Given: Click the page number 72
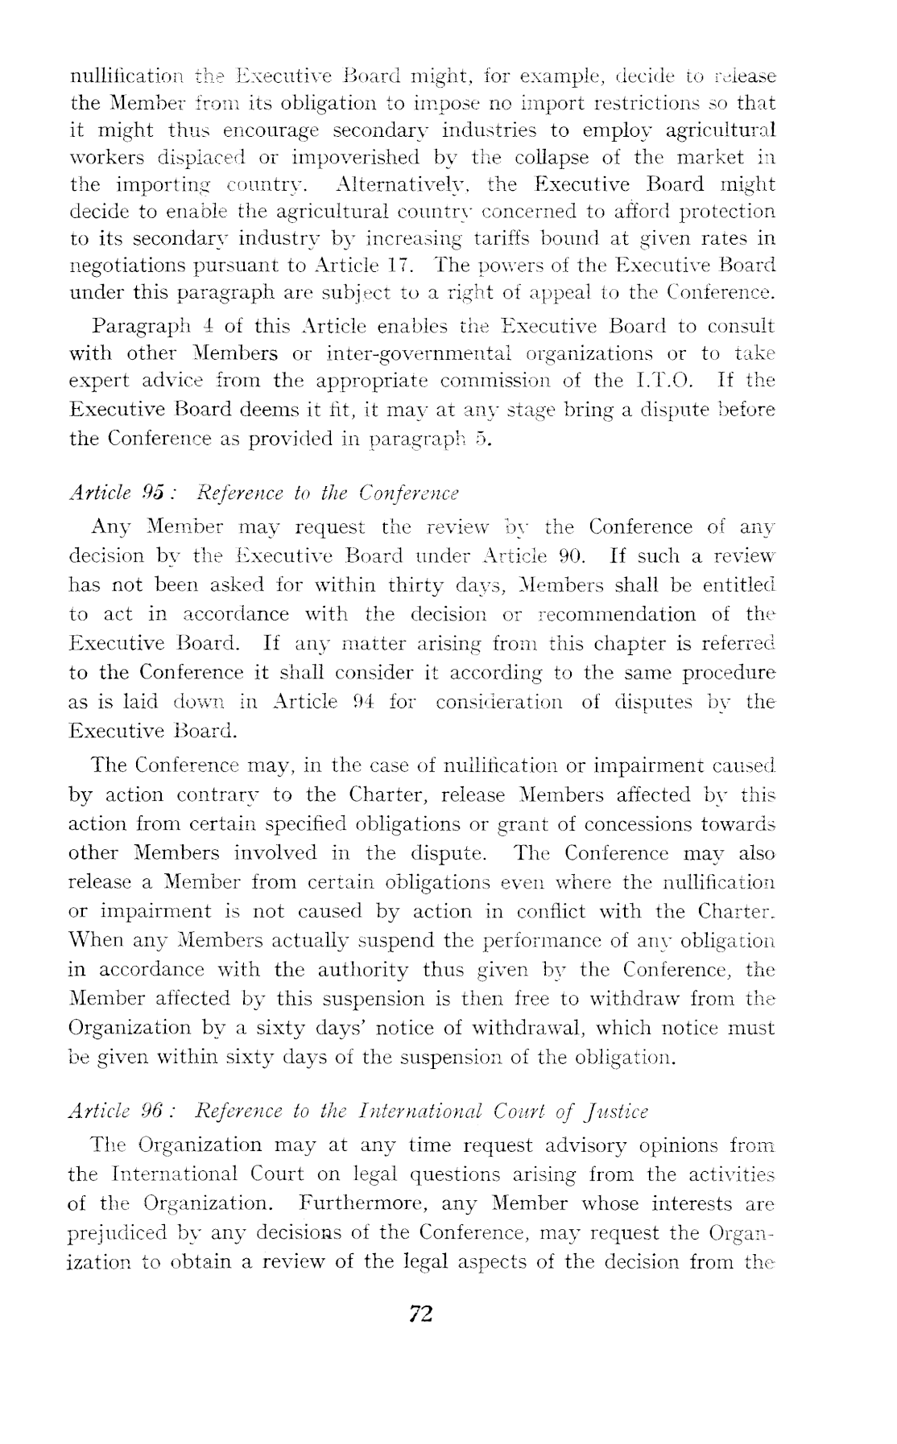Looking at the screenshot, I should click(422, 1314).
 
